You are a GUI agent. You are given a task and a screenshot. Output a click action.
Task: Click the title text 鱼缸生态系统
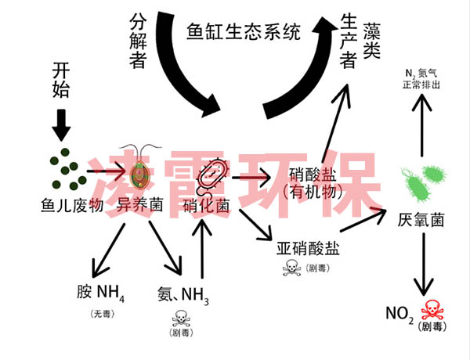(244, 32)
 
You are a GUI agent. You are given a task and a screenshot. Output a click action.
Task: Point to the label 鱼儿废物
(72, 205)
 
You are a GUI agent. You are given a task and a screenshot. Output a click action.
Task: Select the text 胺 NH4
(101, 293)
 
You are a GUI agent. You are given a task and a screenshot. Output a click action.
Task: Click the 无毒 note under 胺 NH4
(102, 313)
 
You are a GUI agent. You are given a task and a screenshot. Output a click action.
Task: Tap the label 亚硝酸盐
(309, 250)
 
